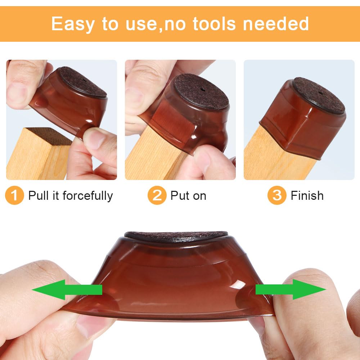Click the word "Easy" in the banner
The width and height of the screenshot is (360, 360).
73,24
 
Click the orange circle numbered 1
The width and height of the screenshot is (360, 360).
14,195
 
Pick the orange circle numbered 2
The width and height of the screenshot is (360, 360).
157,195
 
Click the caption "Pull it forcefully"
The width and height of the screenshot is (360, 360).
71,195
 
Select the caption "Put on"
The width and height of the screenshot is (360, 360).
188,195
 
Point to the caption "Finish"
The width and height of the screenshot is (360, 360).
307,195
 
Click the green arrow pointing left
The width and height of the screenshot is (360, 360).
67,289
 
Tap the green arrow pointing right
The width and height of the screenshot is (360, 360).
291,289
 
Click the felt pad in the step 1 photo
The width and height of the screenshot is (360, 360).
83,82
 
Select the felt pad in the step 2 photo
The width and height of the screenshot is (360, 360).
202,92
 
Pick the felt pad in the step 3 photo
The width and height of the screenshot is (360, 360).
318,95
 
